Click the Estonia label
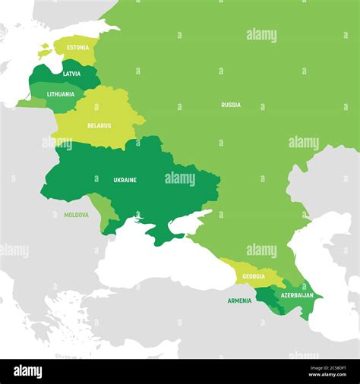(x=77, y=47)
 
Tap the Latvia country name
(x=71, y=74)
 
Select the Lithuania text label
(x=61, y=94)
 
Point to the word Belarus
(x=99, y=125)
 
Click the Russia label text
(x=231, y=105)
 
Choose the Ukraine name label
(x=125, y=180)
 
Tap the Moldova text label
(x=76, y=215)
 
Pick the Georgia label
(x=254, y=276)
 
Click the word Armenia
(x=239, y=301)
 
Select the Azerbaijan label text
(x=297, y=294)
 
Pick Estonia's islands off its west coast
(x=44, y=52)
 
